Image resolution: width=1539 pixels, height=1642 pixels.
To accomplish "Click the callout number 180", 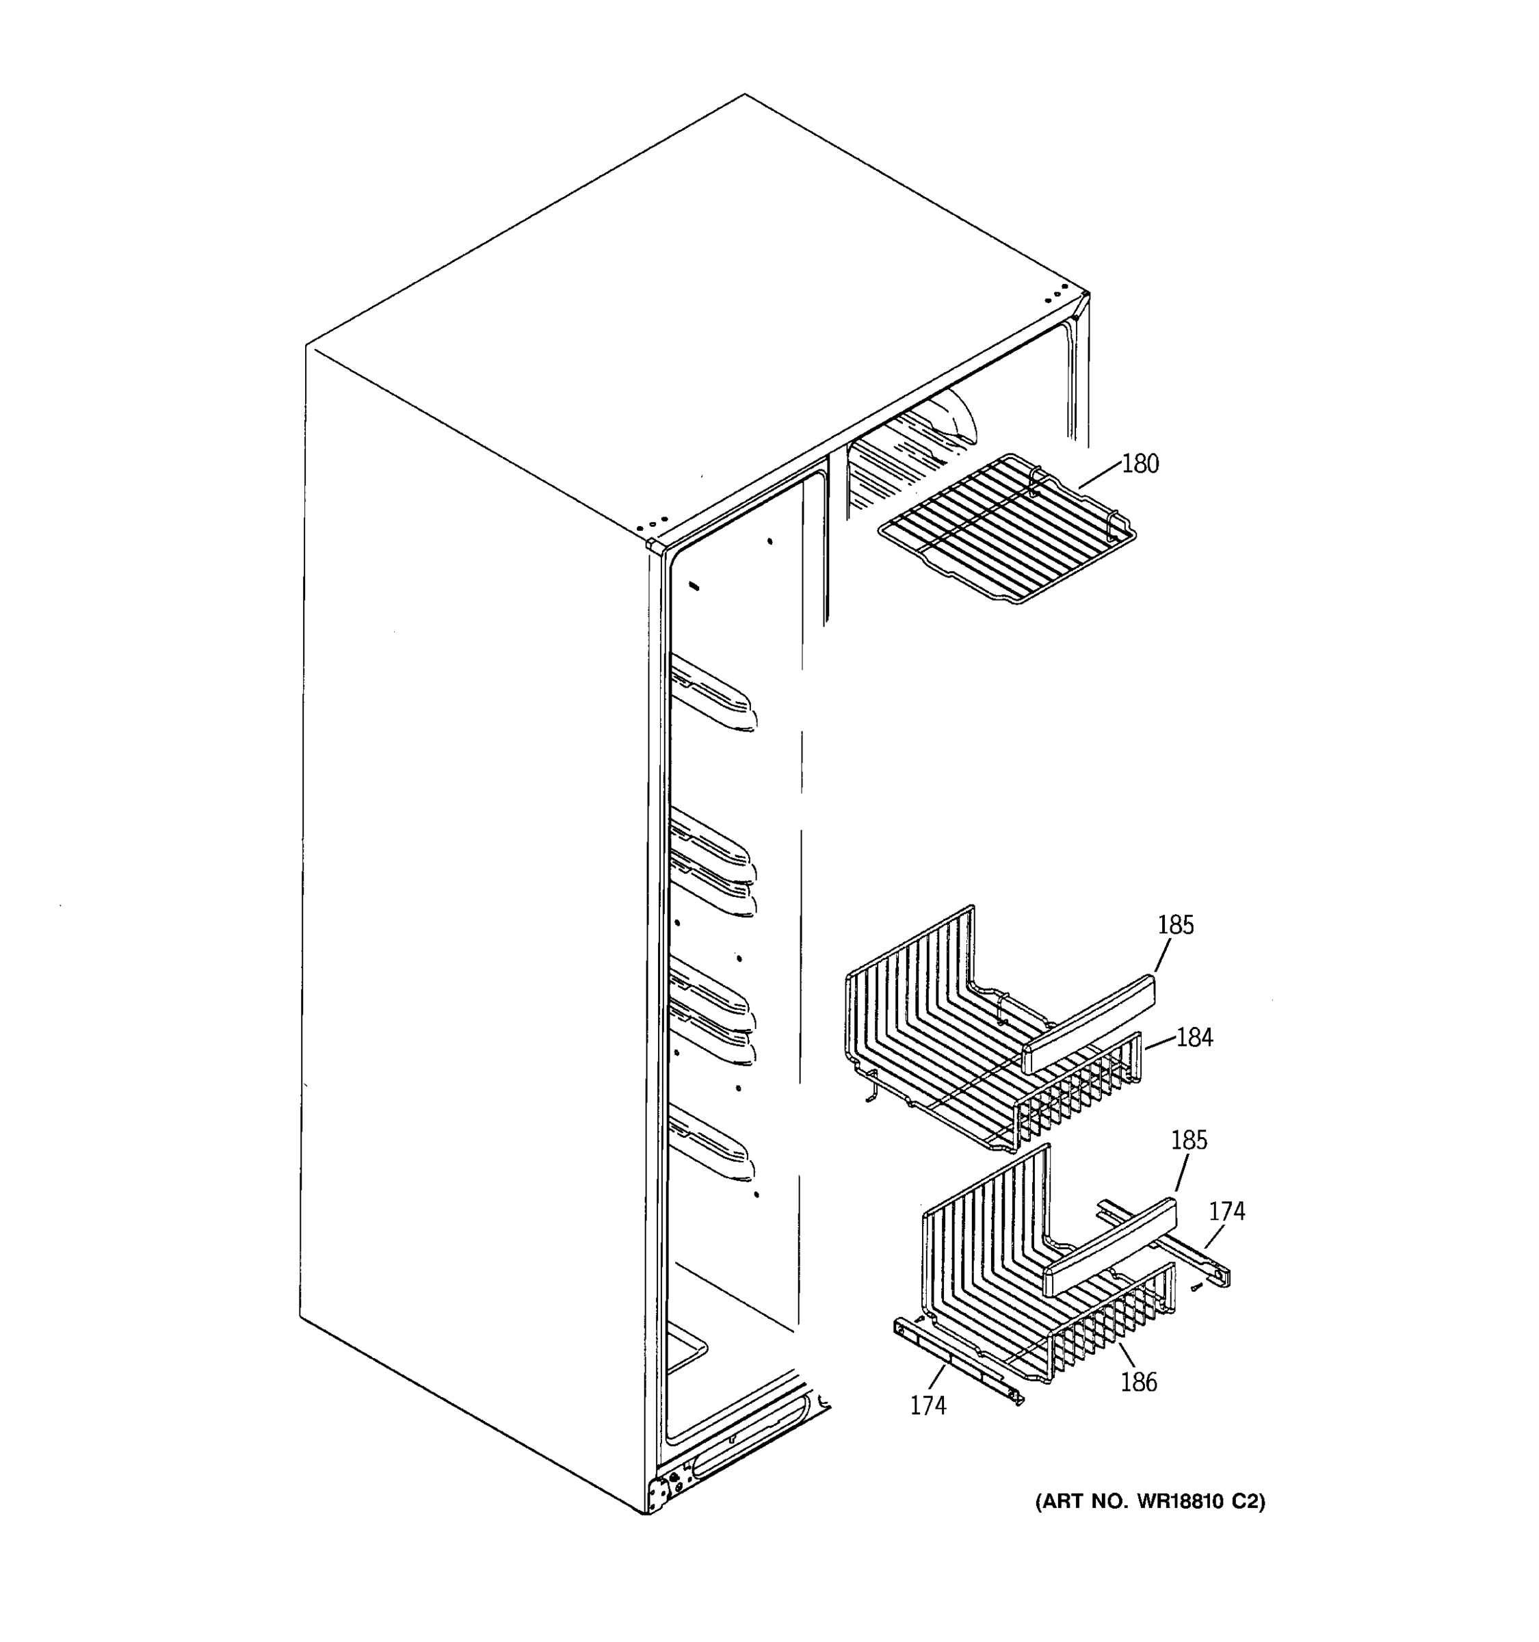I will pos(1140,464).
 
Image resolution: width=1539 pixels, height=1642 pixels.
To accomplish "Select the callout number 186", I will pos(1139,1382).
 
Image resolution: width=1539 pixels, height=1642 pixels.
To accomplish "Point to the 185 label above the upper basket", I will pos(1175,925).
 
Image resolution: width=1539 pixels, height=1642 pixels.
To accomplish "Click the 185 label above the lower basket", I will pos(1189,1141).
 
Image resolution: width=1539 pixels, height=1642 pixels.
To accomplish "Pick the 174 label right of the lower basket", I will pos(1226,1212).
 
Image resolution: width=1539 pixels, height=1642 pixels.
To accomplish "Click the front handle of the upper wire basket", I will pos(1088,1023).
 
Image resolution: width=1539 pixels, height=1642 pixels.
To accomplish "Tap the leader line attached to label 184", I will pos(1160,1044).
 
